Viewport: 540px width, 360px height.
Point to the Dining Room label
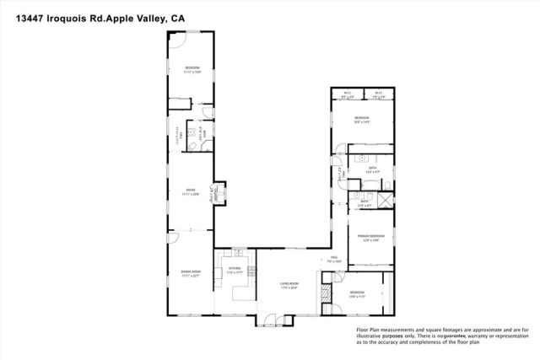[191, 271]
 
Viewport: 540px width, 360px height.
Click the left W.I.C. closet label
[347, 94]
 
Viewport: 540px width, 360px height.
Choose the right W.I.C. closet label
[379, 94]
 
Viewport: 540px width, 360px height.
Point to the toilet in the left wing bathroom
[193, 148]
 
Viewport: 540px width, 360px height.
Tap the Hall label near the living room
[333, 258]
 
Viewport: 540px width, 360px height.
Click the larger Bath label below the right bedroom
[371, 169]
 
